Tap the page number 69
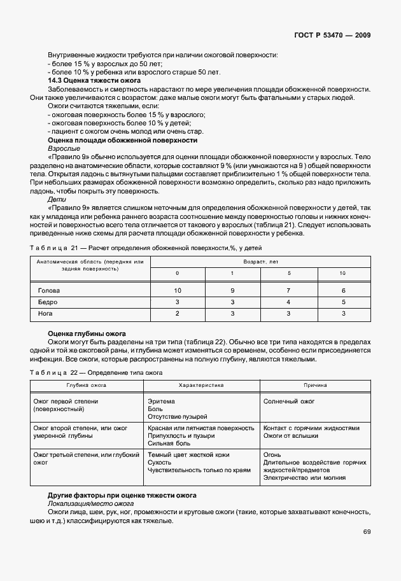367,532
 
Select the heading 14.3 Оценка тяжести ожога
94,81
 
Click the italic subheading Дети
56,199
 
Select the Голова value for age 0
178,290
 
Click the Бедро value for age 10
343,302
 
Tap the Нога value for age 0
178,314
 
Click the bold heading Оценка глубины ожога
87,333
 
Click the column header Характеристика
201,386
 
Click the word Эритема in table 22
161,402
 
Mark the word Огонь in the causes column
272,455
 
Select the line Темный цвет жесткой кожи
188,455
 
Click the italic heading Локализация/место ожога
86,503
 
